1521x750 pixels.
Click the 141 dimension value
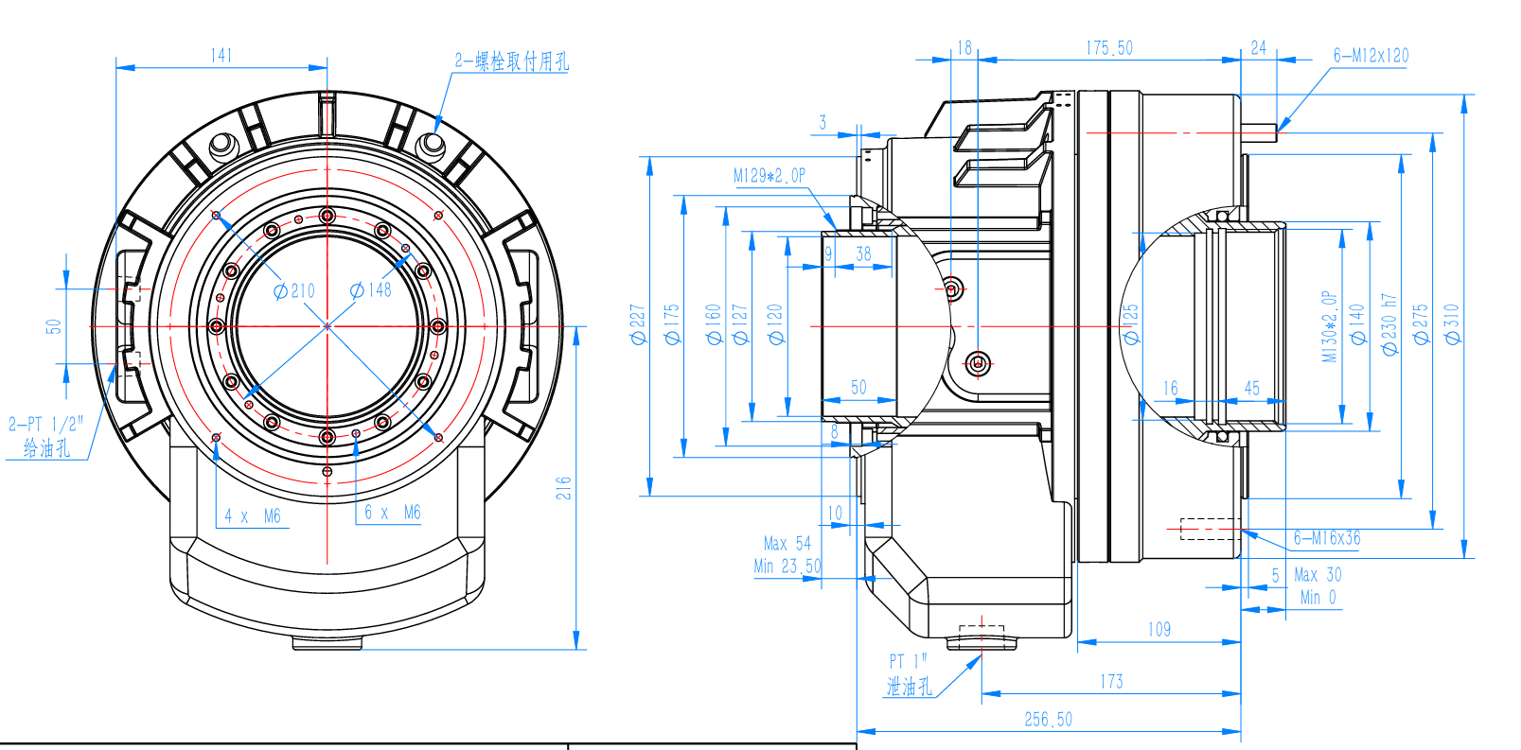(x=221, y=56)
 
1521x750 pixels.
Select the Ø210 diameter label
(x=294, y=291)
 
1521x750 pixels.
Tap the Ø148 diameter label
(x=370, y=290)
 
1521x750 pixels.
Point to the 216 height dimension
(x=564, y=488)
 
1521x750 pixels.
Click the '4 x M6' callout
(x=253, y=516)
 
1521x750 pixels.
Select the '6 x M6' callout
(x=392, y=513)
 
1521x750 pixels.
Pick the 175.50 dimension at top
(x=1109, y=48)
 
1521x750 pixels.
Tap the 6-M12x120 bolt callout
(x=1371, y=56)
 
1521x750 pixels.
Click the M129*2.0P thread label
(x=769, y=176)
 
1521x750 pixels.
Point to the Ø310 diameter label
(x=1452, y=323)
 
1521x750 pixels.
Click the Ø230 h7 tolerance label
(x=1389, y=323)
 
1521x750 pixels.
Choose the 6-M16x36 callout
(x=1327, y=538)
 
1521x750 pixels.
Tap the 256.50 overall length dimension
(x=1048, y=720)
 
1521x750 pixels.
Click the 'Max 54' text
(x=787, y=544)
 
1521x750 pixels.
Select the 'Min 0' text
(x=1318, y=598)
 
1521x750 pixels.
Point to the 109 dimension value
(x=1159, y=630)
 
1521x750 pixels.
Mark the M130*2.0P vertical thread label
(x=1330, y=326)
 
